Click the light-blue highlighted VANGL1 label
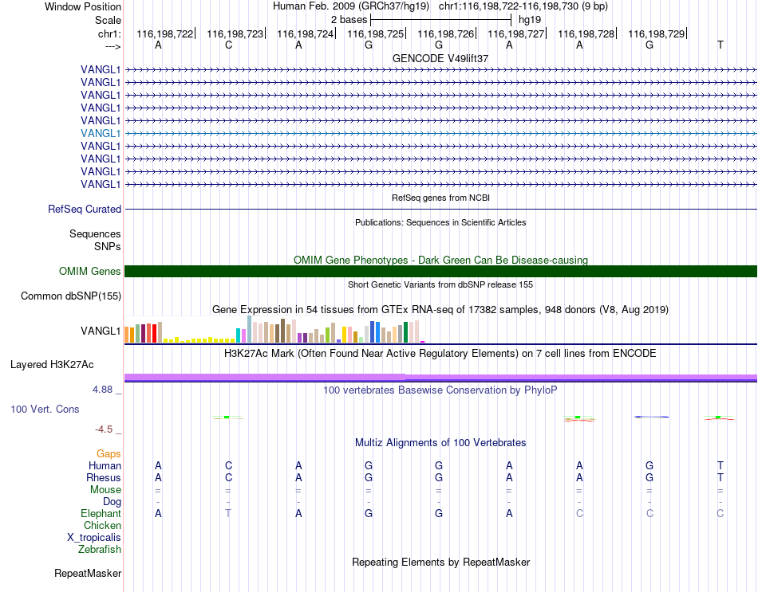click(x=101, y=133)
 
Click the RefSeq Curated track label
click(x=85, y=209)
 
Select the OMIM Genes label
click(x=90, y=272)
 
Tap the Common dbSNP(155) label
click(x=71, y=296)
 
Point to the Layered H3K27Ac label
click(x=52, y=365)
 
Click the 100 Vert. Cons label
click(x=45, y=409)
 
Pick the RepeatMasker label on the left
click(x=88, y=573)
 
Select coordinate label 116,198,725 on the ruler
click(x=376, y=33)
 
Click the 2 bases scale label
click(x=349, y=20)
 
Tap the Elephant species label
click(x=101, y=513)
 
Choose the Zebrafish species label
click(x=100, y=549)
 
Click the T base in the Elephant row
click(x=228, y=513)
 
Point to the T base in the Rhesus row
click(x=720, y=477)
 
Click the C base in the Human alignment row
click(x=229, y=465)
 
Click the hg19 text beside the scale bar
click(x=530, y=20)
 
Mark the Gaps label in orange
click(x=109, y=453)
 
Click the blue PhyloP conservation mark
click(x=652, y=417)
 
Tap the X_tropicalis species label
click(x=94, y=538)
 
